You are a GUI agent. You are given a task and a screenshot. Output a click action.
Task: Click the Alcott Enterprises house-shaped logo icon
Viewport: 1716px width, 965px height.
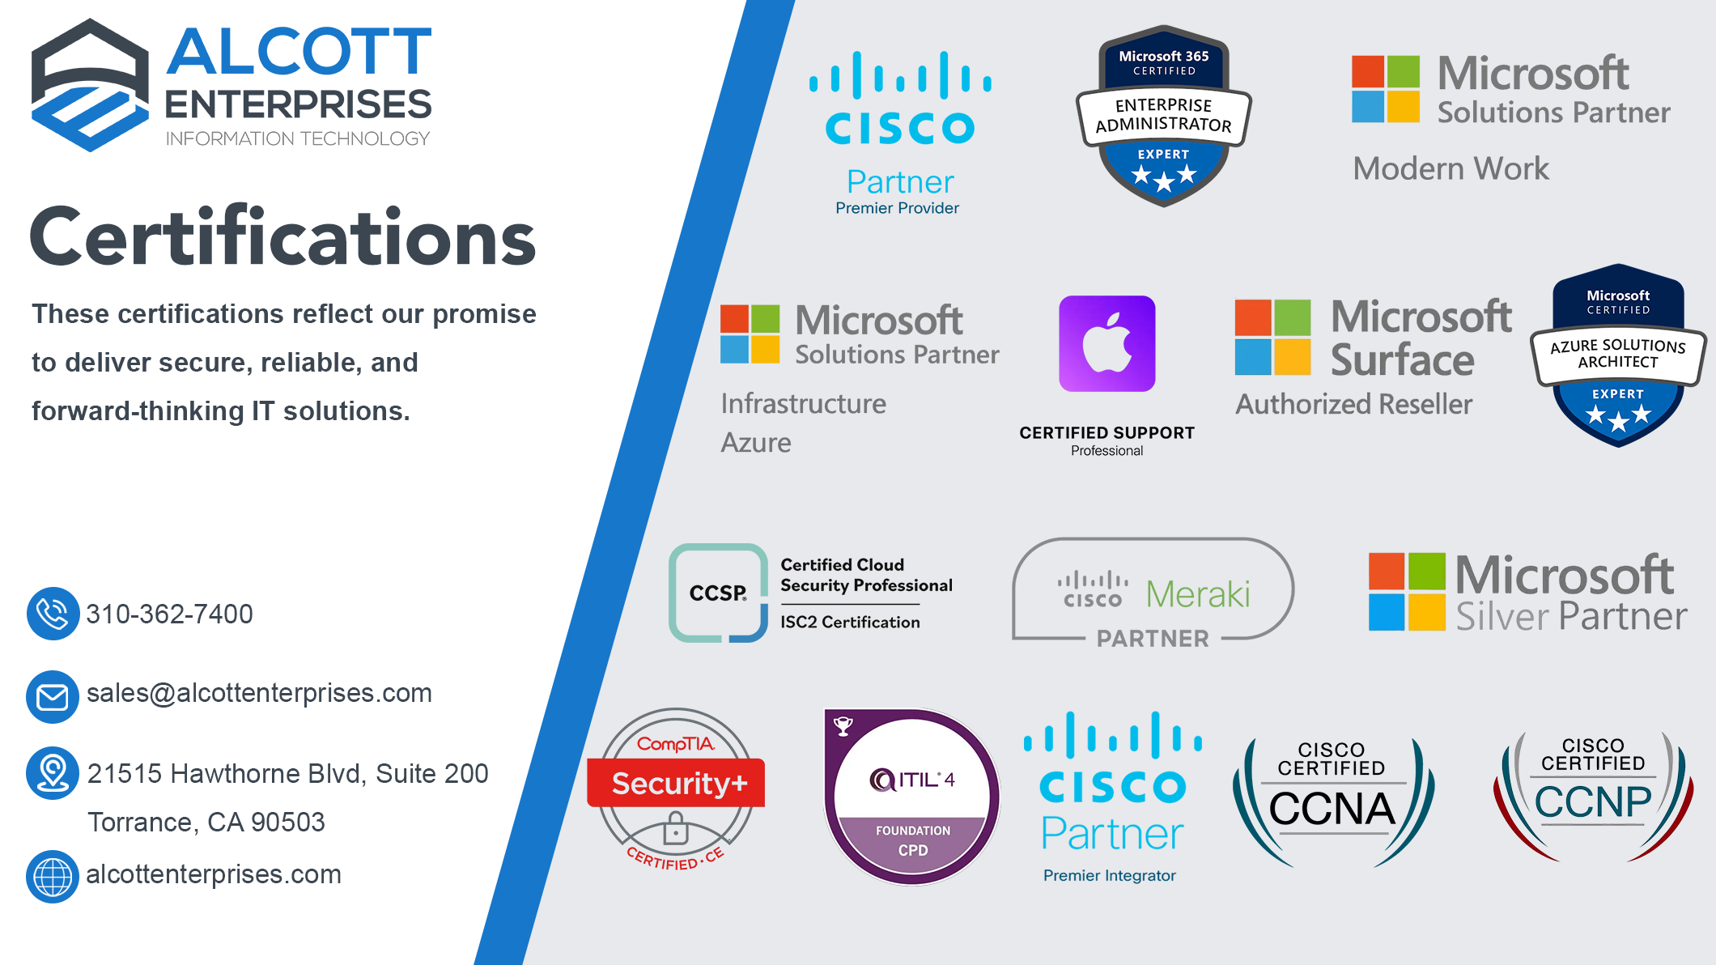coord(90,85)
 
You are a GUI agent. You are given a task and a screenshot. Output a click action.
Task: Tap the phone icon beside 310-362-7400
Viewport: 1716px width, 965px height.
coord(53,614)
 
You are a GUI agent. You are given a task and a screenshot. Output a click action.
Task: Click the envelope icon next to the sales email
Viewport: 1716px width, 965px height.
coord(53,696)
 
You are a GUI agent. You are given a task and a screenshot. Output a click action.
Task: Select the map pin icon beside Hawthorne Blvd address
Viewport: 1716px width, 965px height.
coord(53,773)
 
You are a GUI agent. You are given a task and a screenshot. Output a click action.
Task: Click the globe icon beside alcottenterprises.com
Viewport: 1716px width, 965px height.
coord(53,877)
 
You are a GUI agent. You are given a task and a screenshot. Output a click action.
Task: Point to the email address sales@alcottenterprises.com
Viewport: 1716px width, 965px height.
coord(259,694)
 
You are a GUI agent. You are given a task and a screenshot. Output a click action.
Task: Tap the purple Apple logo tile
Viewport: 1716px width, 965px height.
coord(1107,343)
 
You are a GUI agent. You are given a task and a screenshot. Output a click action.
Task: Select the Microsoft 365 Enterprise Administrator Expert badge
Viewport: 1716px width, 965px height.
coord(1164,116)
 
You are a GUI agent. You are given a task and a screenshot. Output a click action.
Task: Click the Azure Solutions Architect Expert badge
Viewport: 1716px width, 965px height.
coord(1618,355)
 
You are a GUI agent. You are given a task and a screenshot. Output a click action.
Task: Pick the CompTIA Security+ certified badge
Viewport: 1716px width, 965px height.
coord(676,789)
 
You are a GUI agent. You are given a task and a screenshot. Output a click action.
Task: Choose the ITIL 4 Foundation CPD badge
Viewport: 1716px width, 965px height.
coord(911,796)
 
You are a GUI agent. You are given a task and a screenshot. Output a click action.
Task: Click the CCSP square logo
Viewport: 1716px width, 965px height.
coord(718,593)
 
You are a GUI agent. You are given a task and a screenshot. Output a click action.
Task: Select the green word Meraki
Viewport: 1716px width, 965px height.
coord(1198,595)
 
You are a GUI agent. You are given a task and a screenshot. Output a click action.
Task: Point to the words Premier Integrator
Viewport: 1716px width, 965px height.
coord(1109,875)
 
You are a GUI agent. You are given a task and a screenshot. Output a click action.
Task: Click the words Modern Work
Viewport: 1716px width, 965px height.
coord(1451,168)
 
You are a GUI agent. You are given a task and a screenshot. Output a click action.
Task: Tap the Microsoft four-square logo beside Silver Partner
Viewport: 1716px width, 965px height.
coord(1407,592)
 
